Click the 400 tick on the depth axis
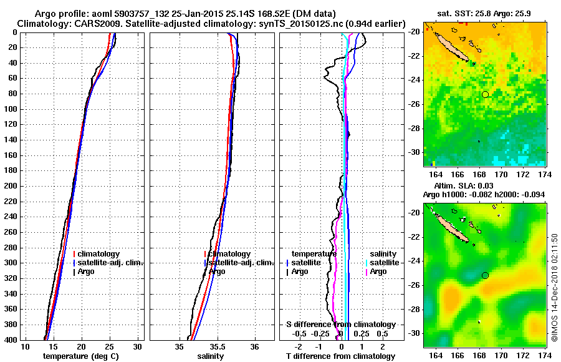tap(11, 340)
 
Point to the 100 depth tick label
tap(11, 109)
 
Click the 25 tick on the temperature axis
tap(110, 346)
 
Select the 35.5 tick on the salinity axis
tap(218, 346)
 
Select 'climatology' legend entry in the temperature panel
tap(100, 254)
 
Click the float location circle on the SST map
tap(485, 94)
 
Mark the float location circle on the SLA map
tap(485, 275)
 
